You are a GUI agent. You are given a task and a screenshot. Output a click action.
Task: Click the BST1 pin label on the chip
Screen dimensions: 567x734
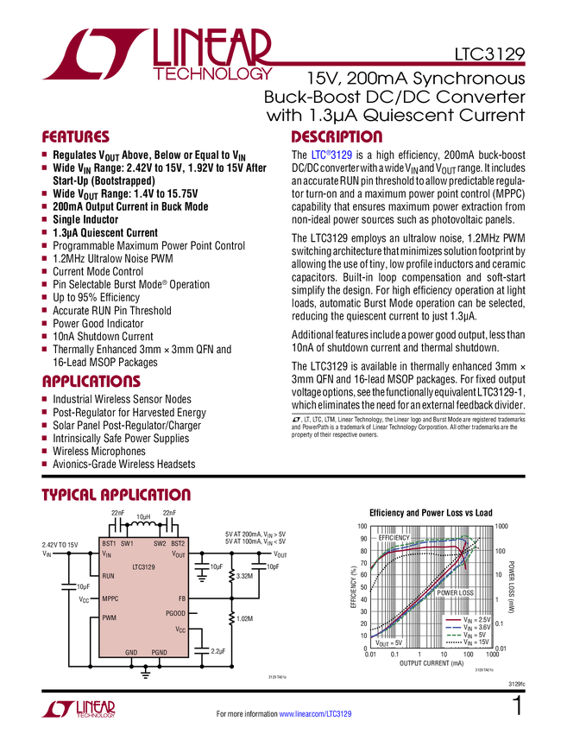109,543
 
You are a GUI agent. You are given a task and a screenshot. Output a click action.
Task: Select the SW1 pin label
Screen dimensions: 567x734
127,543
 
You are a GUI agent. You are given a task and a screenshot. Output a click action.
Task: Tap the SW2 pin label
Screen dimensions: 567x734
160,543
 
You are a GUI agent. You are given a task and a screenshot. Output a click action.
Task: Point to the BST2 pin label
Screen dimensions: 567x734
178,543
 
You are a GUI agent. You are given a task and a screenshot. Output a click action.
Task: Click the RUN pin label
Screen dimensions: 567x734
108,576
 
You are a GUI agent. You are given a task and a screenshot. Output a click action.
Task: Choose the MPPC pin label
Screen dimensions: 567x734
110,598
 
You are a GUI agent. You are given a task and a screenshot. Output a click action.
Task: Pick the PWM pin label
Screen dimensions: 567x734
109,617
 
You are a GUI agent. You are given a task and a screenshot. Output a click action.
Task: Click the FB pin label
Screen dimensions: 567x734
181,598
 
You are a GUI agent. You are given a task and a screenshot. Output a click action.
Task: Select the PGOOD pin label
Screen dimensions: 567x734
175,613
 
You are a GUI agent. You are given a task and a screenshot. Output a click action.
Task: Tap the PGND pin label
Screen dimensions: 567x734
160,652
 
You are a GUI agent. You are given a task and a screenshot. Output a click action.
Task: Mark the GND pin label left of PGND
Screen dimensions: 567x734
131,652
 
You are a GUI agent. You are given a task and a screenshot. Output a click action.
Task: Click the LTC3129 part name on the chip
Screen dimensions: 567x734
143,567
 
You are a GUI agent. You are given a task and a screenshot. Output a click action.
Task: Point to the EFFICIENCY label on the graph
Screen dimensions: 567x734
394,537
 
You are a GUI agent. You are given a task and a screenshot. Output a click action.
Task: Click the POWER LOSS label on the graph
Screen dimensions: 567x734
453,593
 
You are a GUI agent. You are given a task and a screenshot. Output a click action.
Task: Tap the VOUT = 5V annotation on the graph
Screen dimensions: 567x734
388,643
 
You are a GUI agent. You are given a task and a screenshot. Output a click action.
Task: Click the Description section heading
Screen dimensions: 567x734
337,137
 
